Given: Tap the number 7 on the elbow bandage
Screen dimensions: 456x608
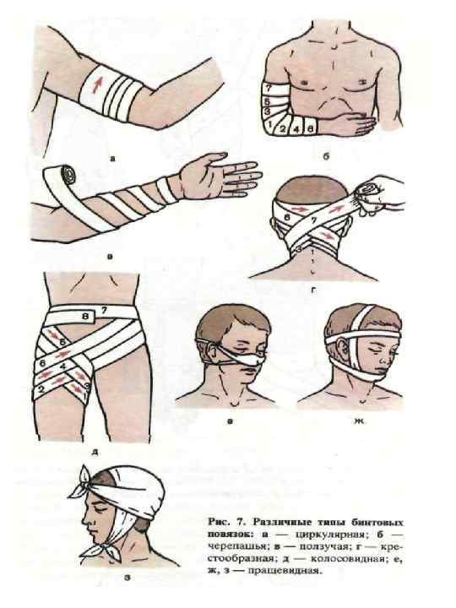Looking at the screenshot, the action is (268, 89).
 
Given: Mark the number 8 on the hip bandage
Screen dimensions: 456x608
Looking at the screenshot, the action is (86, 317).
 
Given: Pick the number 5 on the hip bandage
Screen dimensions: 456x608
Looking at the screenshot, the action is (62, 342).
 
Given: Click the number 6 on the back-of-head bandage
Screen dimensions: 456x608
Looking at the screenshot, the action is (286, 218).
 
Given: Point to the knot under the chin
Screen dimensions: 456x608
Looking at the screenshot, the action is (95, 547).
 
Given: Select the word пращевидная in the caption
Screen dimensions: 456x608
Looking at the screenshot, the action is (295, 571).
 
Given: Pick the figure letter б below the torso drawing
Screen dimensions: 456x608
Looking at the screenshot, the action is (326, 157).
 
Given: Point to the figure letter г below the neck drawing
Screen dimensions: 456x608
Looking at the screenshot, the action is (313, 289).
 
